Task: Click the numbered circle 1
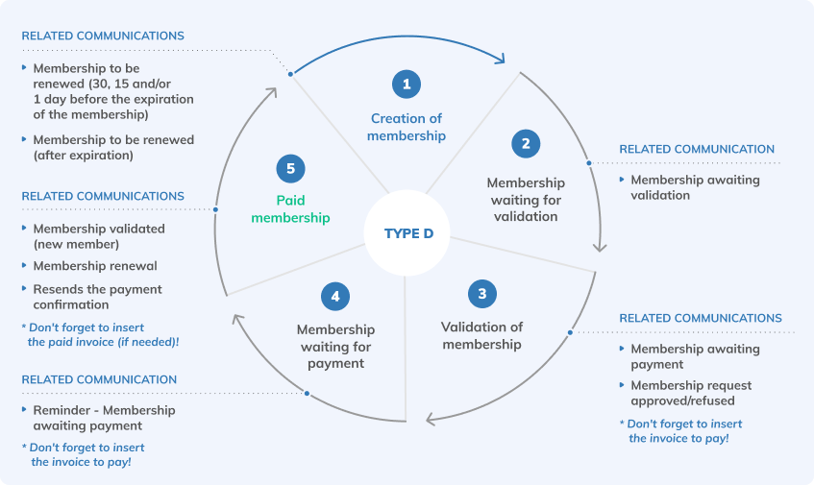click(x=407, y=85)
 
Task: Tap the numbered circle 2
click(x=526, y=145)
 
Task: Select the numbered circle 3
click(x=481, y=294)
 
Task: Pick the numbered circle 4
click(x=335, y=297)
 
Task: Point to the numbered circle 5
click(x=290, y=169)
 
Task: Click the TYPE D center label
click(x=408, y=233)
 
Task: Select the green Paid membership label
click(x=290, y=209)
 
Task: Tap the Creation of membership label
click(x=407, y=127)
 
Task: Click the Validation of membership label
click(x=481, y=335)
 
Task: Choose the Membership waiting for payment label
click(x=335, y=346)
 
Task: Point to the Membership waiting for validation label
click(x=526, y=199)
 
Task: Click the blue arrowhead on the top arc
click(x=499, y=60)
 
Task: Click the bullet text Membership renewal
click(x=95, y=266)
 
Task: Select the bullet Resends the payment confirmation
click(x=97, y=297)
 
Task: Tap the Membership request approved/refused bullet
click(x=691, y=393)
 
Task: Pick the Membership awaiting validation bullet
click(x=694, y=187)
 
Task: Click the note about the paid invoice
click(x=101, y=334)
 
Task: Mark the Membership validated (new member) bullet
click(x=99, y=236)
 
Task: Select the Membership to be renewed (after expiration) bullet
click(x=96, y=147)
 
